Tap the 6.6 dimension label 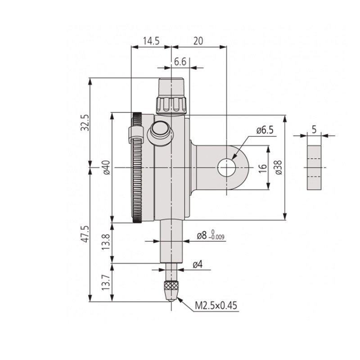(180, 62)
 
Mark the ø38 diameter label (278, 167)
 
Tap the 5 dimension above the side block (314, 130)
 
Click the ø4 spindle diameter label (198, 265)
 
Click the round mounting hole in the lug (226, 168)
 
